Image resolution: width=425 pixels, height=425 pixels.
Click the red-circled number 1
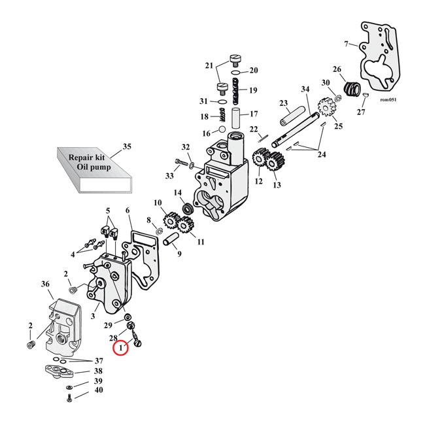[122, 349]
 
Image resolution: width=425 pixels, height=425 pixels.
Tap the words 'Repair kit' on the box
[90, 156]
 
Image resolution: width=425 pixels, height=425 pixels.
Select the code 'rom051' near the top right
[388, 100]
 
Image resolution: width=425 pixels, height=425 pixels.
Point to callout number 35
[126, 146]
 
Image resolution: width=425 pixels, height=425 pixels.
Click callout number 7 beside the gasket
[346, 44]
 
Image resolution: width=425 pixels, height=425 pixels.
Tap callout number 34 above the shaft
[305, 90]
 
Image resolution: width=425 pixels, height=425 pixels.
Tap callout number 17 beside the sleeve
[254, 114]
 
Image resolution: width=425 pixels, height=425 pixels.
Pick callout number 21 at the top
[209, 65]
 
